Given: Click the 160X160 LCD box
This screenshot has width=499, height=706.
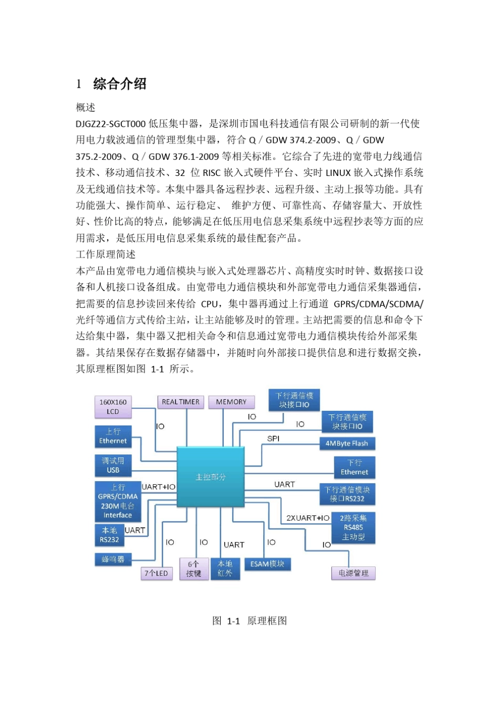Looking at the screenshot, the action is click(x=112, y=407).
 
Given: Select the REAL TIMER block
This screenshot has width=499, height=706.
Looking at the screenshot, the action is click(x=180, y=402).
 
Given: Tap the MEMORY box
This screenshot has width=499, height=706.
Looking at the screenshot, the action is click(x=231, y=402).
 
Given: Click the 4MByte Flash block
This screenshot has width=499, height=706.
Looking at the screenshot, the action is click(x=347, y=443).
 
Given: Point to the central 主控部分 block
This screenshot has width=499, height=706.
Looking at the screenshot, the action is click(x=211, y=477).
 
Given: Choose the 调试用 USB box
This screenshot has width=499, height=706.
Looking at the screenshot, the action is click(x=113, y=465).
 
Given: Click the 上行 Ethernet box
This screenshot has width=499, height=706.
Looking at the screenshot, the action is click(x=113, y=437).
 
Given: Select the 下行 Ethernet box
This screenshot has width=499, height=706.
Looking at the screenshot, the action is click(x=354, y=467).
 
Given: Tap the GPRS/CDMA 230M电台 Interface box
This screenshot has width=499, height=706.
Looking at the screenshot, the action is click(x=118, y=501).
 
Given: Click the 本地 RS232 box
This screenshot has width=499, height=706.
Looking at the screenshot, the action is click(x=109, y=535).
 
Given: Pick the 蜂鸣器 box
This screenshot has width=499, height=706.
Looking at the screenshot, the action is click(x=113, y=559).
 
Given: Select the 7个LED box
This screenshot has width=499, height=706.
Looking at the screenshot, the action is click(x=156, y=573).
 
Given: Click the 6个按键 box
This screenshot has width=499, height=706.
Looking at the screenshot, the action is click(x=194, y=568).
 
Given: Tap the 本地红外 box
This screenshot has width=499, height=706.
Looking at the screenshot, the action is click(x=225, y=568).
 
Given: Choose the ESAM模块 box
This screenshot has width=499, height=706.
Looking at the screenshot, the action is click(x=267, y=564).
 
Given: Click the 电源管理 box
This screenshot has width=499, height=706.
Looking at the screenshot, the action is click(x=353, y=573).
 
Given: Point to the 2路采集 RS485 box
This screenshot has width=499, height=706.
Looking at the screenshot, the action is click(x=353, y=527).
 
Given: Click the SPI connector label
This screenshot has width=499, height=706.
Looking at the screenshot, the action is click(x=273, y=439).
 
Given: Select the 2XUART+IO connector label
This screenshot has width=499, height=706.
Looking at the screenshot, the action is click(x=308, y=518).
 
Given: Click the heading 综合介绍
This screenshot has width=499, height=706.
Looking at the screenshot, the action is click(x=119, y=84).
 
